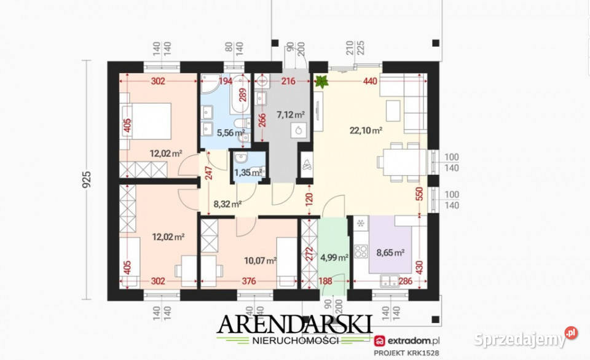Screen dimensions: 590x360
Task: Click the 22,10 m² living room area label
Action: [366, 130]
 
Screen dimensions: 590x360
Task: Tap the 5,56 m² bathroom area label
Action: [231, 133]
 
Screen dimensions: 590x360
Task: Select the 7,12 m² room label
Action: [291, 114]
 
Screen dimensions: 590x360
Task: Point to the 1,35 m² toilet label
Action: [248, 172]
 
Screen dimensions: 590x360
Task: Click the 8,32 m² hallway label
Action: [227, 204]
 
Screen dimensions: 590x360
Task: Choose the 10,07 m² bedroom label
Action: [261, 260]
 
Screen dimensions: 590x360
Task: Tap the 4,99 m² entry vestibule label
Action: [334, 257]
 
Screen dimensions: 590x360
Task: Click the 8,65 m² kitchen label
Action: [391, 252]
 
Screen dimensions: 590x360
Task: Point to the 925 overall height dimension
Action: [87, 180]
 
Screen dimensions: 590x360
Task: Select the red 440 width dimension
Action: [370, 81]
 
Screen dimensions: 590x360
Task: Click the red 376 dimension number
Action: [249, 281]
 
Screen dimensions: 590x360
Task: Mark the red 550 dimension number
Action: [420, 194]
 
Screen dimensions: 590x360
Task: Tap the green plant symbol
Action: [321, 81]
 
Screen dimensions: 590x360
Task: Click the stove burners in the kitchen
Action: [361, 251]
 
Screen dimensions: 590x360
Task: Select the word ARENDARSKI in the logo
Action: [294, 324]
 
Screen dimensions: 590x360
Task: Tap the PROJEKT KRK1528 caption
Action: [406, 353]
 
